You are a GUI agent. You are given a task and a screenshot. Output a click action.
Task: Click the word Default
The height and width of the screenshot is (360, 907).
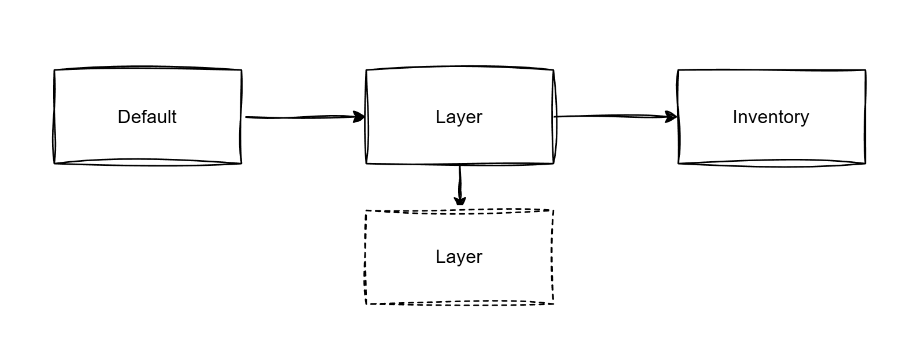click(x=147, y=117)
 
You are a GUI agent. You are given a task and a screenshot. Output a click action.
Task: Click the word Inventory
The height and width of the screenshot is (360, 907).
click(x=771, y=117)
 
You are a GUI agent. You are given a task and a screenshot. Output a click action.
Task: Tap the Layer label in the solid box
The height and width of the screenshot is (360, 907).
click(x=459, y=117)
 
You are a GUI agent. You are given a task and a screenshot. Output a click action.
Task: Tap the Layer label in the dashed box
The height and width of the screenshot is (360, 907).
click(x=459, y=257)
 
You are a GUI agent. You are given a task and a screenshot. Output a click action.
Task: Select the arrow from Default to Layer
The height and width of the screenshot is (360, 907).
click(x=300, y=117)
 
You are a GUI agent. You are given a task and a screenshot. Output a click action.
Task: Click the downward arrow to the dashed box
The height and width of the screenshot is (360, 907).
click(x=460, y=184)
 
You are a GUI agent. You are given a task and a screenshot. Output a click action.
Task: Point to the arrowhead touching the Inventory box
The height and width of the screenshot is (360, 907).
click(x=672, y=117)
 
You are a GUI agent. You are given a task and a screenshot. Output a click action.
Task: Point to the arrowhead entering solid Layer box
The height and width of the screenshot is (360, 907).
click(x=360, y=117)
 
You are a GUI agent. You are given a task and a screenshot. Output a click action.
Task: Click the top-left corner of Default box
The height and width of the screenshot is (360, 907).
click(x=54, y=70)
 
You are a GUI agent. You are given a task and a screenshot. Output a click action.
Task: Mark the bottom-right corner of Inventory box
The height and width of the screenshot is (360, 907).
click(x=865, y=164)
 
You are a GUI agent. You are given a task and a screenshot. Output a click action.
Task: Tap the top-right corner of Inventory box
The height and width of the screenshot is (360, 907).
click(x=865, y=70)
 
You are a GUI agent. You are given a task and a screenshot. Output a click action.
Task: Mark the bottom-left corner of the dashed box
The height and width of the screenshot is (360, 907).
click(x=366, y=303)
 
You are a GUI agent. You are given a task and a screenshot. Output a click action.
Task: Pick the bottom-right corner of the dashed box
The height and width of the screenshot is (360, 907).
click(x=553, y=303)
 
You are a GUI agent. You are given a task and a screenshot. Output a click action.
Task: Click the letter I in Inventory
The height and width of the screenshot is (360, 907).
click(x=735, y=117)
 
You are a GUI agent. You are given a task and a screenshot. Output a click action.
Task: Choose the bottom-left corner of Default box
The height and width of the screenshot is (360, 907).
click(x=55, y=164)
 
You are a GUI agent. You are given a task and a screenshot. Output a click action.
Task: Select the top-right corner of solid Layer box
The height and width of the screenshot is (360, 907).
click(x=553, y=70)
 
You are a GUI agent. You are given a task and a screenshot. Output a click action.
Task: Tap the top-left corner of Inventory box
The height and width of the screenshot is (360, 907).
click(x=678, y=70)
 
